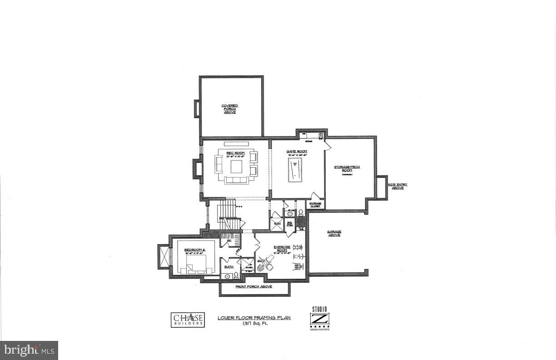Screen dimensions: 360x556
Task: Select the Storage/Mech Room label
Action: coord(347,168)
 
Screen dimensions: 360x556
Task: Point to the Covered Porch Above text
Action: coord(229,109)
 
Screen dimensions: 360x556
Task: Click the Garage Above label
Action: coord(334,233)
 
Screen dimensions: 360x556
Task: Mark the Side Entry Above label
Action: coord(397,186)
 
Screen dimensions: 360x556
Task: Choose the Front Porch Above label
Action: coord(253,287)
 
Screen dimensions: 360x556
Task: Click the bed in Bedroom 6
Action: coord(196,265)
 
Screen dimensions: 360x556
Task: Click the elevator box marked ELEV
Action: coord(276,224)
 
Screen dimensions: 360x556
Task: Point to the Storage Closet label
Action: coord(315,205)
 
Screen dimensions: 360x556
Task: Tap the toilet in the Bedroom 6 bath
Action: coord(236,275)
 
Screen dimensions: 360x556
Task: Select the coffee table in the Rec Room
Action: coord(237,167)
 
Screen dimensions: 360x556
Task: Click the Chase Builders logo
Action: coord(188,319)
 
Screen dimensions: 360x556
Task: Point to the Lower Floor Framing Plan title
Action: coord(254,318)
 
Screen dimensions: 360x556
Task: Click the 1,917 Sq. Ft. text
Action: coord(253,324)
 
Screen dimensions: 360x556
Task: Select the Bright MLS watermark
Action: coord(29,350)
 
